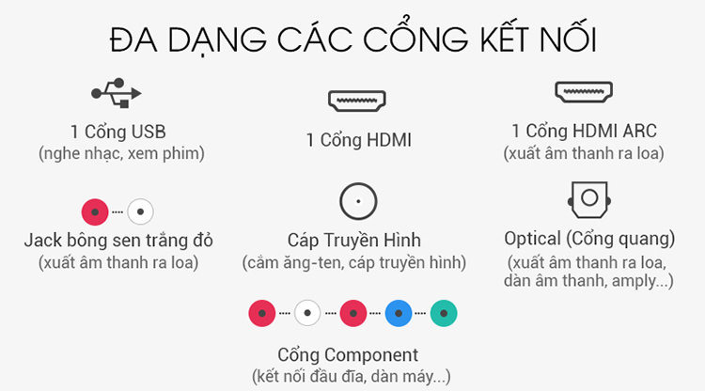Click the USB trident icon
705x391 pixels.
(x=117, y=93)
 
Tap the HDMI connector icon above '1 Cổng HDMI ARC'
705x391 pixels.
(x=584, y=92)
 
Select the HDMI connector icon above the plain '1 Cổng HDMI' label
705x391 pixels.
(x=357, y=101)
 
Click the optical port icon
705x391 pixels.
(x=589, y=199)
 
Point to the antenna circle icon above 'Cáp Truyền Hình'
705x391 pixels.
(x=358, y=184)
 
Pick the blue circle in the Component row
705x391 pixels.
(x=399, y=313)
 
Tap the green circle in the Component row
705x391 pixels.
(x=444, y=313)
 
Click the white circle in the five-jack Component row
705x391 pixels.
(x=307, y=313)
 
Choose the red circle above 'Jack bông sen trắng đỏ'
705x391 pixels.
(x=95, y=211)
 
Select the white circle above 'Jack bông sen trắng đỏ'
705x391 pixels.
(x=140, y=211)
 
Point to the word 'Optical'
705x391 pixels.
(x=532, y=239)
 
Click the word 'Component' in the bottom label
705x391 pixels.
(x=371, y=355)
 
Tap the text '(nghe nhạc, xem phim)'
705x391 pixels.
(x=121, y=154)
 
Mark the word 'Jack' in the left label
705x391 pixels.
(x=42, y=241)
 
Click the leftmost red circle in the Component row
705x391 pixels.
(x=262, y=313)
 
